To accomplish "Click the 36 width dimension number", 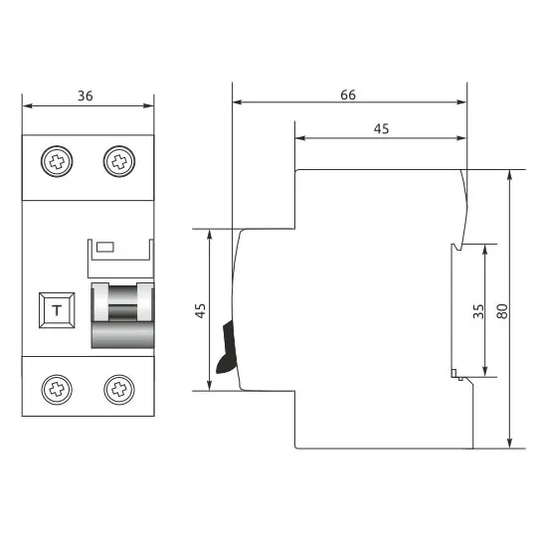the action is [86, 95].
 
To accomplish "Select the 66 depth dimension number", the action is [348, 94].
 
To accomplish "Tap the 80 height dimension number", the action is [502, 311].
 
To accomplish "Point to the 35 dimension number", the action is [478, 311].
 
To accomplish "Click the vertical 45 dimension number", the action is [200, 310].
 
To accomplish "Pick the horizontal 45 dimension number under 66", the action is [381, 129].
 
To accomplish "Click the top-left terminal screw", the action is [57, 161].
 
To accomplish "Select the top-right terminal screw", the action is [119, 161].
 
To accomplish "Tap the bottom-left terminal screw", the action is [57, 390].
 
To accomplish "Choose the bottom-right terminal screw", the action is [119, 390].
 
